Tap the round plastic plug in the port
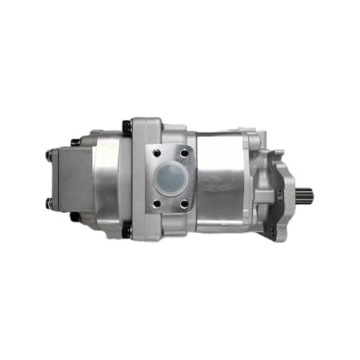click(171, 178)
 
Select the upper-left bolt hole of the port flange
click(156, 153)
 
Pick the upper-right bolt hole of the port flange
click(185, 152)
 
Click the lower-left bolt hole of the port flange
click(157, 204)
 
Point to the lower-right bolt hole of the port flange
click(185, 204)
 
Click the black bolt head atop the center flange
click(126, 126)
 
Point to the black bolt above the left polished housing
click(75, 142)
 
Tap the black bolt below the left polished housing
click(75, 216)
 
